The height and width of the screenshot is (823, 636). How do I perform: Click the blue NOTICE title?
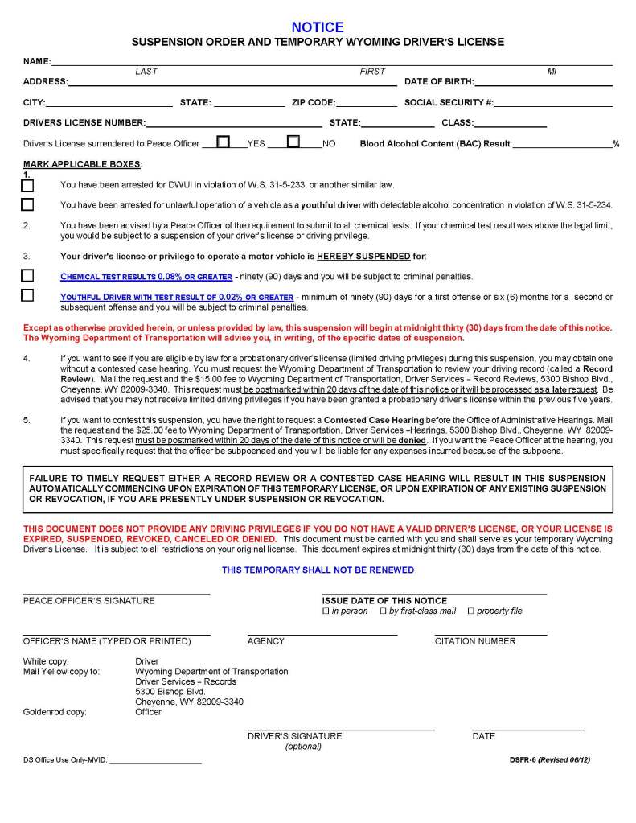pyautogui.click(x=318, y=27)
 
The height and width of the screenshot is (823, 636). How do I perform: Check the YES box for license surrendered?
pyautogui.click(x=224, y=142)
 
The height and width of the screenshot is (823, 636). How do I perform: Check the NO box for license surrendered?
pyautogui.click(x=293, y=142)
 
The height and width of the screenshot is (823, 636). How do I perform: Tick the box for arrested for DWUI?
pyautogui.click(x=28, y=185)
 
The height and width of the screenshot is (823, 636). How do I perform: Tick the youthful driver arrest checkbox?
pyautogui.click(x=28, y=204)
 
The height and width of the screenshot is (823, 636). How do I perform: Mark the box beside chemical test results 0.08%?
pyautogui.click(x=28, y=276)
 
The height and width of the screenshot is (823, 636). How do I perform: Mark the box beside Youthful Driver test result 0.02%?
pyautogui.click(x=28, y=295)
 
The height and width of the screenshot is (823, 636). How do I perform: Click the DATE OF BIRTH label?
pyautogui.click(x=438, y=81)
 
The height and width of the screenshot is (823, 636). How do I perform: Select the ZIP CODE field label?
pyautogui.click(x=313, y=102)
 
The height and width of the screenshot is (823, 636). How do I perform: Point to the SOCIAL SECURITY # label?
pyautogui.click(x=449, y=102)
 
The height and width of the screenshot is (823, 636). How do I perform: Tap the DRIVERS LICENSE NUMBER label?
pyautogui.click(x=84, y=123)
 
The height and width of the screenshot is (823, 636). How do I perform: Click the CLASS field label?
pyautogui.click(x=457, y=123)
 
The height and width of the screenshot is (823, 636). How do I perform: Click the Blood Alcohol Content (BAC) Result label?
pyautogui.click(x=435, y=144)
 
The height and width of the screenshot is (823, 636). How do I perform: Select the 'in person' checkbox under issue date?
pyautogui.click(x=326, y=611)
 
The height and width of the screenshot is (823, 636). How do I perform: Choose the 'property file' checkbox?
pyautogui.click(x=471, y=611)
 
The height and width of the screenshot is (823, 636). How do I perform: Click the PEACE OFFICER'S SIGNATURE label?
pyautogui.click(x=88, y=600)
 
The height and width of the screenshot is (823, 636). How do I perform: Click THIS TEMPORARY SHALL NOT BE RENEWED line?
pyautogui.click(x=318, y=570)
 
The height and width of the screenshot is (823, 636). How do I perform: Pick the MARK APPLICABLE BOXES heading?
pyautogui.click(x=83, y=164)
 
